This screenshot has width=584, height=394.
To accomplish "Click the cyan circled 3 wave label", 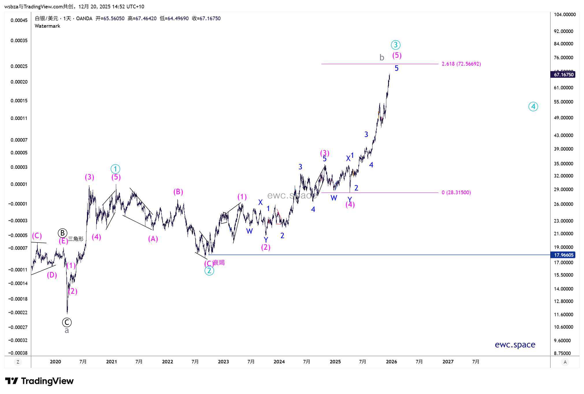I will point(395,45).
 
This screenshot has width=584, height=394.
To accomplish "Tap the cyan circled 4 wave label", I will point(533,107).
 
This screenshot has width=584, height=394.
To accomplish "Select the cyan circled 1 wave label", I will point(115,169).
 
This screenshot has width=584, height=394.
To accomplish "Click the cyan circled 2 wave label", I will point(209,271).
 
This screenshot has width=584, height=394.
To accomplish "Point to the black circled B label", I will point(62,233).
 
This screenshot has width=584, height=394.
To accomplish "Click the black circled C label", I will point(67,322).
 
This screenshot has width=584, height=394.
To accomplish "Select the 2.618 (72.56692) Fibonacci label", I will point(461,64).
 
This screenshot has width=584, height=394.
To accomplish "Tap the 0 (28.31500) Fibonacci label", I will point(456,193).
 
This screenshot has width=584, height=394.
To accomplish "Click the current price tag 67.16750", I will point(563,75).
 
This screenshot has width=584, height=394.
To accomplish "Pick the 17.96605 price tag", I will point(563,255).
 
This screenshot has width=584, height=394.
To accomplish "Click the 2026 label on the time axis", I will point(391,362).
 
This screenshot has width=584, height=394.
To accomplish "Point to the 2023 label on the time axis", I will point(223,362).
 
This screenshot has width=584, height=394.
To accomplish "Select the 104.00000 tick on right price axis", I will point(565,14).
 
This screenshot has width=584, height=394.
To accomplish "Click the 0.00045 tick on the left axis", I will point(19,20).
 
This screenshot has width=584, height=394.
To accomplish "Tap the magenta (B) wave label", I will point(178,192).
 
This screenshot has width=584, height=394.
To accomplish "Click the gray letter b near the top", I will point(382,58).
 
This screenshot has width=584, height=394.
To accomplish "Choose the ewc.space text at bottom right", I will point(515,345).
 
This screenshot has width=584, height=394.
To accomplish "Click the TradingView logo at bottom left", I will point(39,381).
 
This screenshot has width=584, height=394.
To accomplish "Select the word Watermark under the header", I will point(47,26).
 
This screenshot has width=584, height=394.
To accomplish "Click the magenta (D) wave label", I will point(52,275).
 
